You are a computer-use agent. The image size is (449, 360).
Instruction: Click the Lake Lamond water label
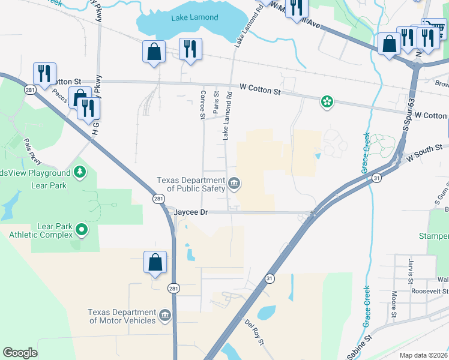[x=194, y=17]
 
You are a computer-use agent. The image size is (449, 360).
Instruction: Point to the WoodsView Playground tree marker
[x=80, y=173]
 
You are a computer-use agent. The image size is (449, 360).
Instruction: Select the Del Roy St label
[x=255, y=332]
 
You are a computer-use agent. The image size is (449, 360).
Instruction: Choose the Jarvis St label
[x=411, y=272]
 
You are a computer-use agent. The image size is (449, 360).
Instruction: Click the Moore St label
[x=394, y=304]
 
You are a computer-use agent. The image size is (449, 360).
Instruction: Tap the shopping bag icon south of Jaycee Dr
[x=155, y=263]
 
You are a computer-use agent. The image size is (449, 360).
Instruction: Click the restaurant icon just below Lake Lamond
[x=190, y=50]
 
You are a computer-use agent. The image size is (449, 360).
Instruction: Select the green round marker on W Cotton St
[x=327, y=102]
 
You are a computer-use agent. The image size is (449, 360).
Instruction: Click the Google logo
[x=20, y=353]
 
